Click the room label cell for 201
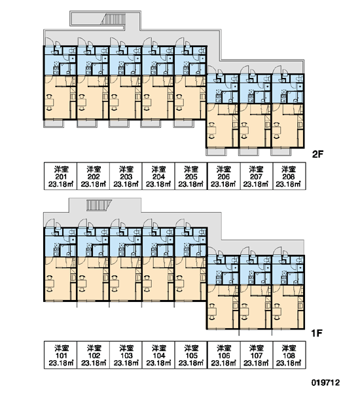tap(61, 176)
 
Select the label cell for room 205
tap(191, 176)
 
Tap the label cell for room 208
tap(289, 176)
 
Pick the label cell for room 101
tap(61, 355)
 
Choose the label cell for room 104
tap(158, 355)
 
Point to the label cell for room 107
tap(257, 355)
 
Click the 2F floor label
tap(317, 155)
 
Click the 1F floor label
tap(317, 333)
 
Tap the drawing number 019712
tap(325, 383)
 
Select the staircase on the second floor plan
tap(113, 19)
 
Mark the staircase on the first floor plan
tap(99, 205)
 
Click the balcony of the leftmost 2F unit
tap(54, 124)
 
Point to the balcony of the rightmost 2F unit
tap(281, 152)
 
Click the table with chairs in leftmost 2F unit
tap(49, 102)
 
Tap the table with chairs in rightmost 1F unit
tap(276, 312)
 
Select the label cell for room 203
tap(126, 176)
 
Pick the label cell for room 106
tap(224, 355)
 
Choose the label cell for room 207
tap(257, 176)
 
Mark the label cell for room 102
tap(93, 355)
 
